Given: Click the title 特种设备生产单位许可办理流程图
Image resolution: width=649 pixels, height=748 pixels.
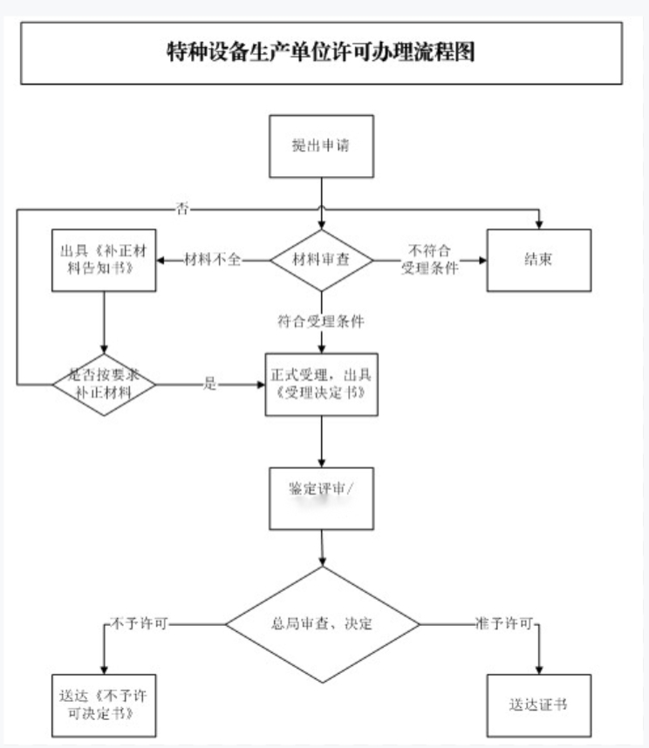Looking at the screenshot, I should [321, 52].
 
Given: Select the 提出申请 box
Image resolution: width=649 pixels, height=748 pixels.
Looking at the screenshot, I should [321, 146].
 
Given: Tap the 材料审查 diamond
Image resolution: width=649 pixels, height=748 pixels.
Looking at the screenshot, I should [321, 261].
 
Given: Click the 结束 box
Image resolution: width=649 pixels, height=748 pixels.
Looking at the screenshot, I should [538, 261].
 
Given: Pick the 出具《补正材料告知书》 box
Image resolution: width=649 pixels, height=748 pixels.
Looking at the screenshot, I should [103, 260].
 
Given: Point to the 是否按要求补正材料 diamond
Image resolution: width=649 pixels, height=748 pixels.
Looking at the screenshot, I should [103, 383].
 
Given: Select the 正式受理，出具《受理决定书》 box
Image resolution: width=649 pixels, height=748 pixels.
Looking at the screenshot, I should [322, 384].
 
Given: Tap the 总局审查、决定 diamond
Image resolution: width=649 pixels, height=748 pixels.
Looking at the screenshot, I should [322, 624].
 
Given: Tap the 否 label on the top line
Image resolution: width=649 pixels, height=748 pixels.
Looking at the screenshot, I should [182, 208].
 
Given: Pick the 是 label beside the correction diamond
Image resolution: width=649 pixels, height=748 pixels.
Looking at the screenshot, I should [209, 384].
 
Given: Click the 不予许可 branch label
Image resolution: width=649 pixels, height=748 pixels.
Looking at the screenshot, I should [139, 624].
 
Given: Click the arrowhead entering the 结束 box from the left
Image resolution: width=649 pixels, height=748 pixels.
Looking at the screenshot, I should [481, 261].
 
